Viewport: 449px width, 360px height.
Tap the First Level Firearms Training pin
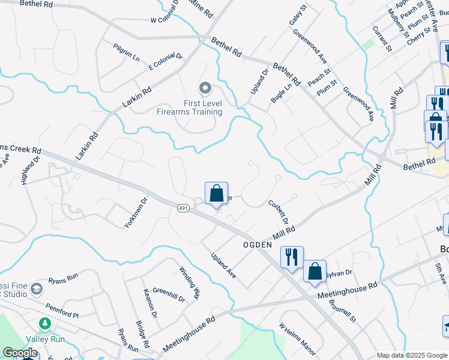coord(205,89)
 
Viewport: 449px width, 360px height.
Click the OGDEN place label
coord(258,245)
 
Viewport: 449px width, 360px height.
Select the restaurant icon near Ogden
coord(292,257)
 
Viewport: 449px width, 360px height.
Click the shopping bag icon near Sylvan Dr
coord(315,271)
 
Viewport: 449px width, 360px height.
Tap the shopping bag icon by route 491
coord(217,194)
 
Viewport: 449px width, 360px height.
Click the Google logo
coord(20,353)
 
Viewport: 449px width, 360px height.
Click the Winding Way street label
coord(189,280)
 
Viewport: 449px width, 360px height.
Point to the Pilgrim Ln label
coord(127,52)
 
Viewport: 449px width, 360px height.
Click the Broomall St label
coord(343,310)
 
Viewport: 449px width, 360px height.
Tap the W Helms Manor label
coord(297,339)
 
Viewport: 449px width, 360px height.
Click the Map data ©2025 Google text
coord(411,355)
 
